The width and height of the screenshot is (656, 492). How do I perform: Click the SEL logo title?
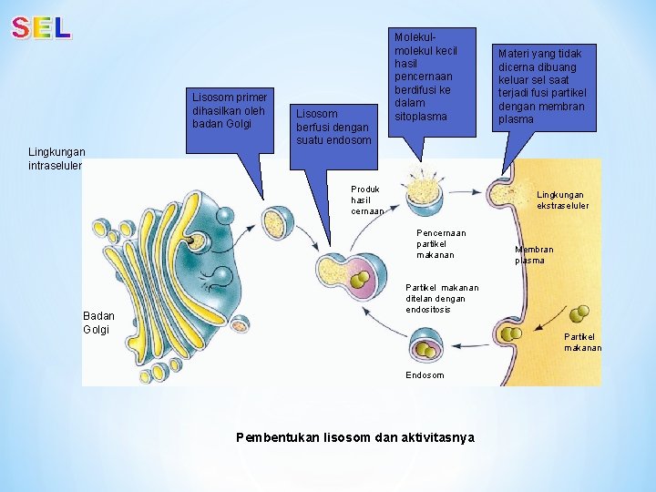[41, 28]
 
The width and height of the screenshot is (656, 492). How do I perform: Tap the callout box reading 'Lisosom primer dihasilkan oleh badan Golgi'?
[227, 110]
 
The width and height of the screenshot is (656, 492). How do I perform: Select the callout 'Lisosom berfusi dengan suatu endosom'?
[333, 127]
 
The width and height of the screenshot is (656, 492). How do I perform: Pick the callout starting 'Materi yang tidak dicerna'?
[541, 87]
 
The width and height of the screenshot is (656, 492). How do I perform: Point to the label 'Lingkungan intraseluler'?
[56, 159]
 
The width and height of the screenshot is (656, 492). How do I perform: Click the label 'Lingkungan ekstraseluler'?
[562, 200]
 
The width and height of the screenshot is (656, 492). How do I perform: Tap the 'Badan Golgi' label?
[98, 323]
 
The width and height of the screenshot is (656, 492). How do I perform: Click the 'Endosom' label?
[425, 375]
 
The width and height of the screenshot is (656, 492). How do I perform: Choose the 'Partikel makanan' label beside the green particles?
[582, 342]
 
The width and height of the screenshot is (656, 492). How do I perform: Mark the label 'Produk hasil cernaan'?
[367, 200]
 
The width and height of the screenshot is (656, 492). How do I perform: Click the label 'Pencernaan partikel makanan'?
[441, 243]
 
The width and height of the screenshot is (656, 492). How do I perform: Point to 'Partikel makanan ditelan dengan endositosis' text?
[436, 299]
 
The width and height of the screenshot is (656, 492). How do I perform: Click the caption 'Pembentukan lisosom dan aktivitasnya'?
[354, 437]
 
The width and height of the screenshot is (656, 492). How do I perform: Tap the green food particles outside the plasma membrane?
[577, 315]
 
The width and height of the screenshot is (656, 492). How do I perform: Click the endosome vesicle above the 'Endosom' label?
[426, 347]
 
